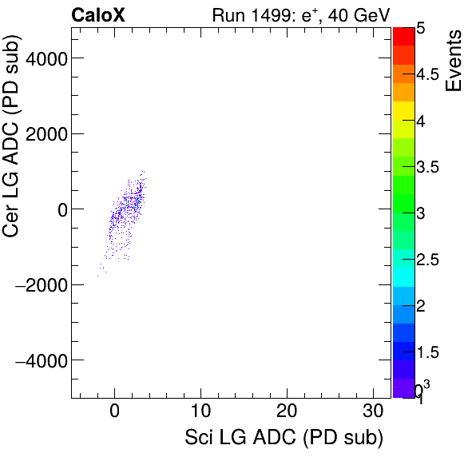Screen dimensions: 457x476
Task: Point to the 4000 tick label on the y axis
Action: click(x=45, y=58)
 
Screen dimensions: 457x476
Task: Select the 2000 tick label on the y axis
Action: click(x=45, y=134)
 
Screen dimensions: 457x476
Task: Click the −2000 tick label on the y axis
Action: click(x=41, y=285)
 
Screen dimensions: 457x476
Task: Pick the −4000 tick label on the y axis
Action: click(x=41, y=361)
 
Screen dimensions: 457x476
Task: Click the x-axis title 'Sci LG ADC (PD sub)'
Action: click(x=284, y=438)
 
